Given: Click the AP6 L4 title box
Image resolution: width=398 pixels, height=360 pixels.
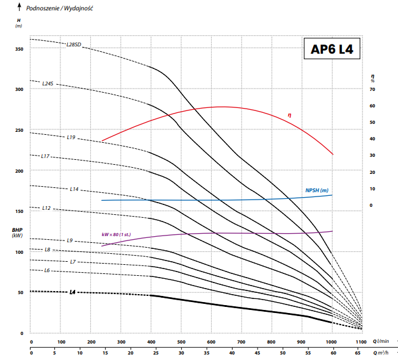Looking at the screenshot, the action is click(x=332, y=48).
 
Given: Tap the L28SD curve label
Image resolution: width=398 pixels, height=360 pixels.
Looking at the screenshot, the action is click(x=74, y=45).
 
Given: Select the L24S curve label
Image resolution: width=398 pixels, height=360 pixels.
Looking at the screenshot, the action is click(x=48, y=84).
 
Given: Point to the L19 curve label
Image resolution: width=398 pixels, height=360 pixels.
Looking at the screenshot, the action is click(x=71, y=137).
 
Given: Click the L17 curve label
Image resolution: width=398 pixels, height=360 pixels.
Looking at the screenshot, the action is click(x=45, y=156).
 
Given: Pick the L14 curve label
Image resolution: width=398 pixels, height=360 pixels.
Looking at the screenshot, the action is click(x=74, y=189).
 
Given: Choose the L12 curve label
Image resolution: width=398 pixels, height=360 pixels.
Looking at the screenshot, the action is click(x=46, y=208).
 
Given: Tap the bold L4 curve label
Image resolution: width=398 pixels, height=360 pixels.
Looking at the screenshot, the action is click(x=73, y=292).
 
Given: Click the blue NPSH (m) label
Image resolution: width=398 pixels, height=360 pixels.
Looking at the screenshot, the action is click(x=317, y=190).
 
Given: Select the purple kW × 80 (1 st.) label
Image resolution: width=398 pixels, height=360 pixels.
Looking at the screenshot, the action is click(x=116, y=234).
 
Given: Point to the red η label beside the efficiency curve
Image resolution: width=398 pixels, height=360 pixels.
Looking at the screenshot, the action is click(x=289, y=115).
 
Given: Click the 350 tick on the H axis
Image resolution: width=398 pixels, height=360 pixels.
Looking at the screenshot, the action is click(x=20, y=49).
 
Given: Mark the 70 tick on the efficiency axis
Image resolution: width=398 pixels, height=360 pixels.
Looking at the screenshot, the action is click(x=372, y=89).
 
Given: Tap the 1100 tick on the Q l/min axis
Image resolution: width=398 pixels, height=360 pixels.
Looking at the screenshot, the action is click(x=361, y=342).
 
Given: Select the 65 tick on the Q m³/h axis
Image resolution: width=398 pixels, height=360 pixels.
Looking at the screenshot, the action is click(x=357, y=353).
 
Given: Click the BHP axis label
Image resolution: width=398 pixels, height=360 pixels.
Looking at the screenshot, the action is click(x=17, y=230).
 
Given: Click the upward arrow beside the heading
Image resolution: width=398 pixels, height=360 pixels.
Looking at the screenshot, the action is click(x=20, y=7).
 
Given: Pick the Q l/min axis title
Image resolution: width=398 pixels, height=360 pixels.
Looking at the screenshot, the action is click(x=381, y=342).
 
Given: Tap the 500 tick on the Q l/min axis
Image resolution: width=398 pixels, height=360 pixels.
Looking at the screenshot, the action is click(x=181, y=342).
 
